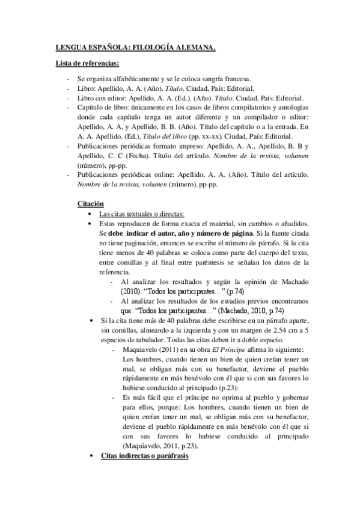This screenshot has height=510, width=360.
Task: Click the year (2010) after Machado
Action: [x=120, y=290]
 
